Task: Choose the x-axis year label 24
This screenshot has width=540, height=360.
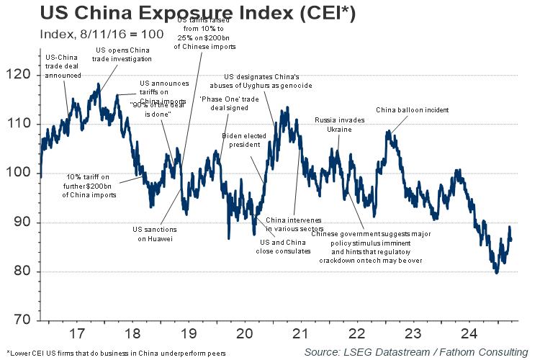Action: pyautogui.click(x=469, y=334)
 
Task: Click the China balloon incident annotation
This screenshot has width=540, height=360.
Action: pyautogui.click(x=413, y=110)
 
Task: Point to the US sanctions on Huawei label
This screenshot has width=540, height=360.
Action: pyautogui.click(x=153, y=234)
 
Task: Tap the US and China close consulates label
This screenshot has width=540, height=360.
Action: pyautogui.click(x=284, y=246)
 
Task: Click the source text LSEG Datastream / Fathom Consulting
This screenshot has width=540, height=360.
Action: pyautogui.click(x=415, y=351)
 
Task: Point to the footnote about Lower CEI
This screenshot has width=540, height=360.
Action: pyautogui.click(x=115, y=353)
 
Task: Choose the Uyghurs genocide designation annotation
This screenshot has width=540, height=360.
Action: pyautogui.click(x=276, y=81)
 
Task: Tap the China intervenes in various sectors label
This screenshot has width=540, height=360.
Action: pyautogui.click(x=294, y=224)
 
